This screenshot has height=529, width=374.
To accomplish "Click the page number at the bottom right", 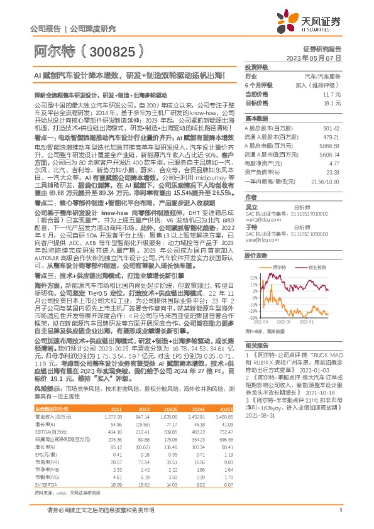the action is pyautogui.click(x=339, y=518).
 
